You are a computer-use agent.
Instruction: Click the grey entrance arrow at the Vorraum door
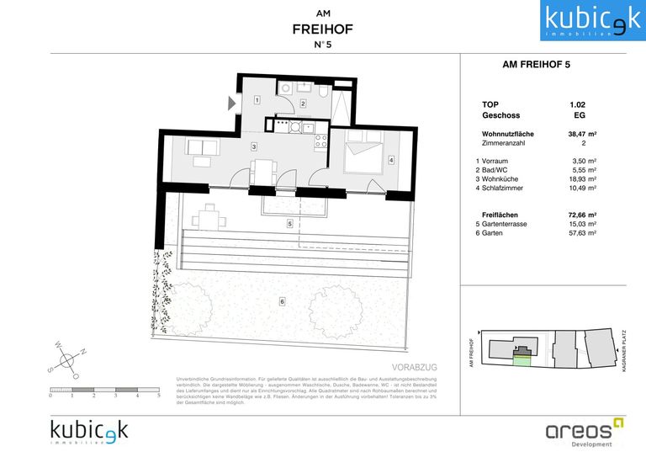pyautogui.click(x=231, y=104)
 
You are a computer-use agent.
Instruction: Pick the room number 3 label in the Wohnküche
pyautogui.click(x=252, y=146)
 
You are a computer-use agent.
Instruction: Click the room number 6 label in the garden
pyautogui.click(x=282, y=300)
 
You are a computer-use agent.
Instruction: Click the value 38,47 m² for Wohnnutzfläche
pyautogui.click(x=582, y=134)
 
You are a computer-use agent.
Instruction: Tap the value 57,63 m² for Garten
pyautogui.click(x=582, y=234)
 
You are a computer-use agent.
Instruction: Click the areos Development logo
pyautogui.click(x=583, y=432)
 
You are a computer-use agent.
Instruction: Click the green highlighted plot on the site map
pyautogui.click(x=523, y=361)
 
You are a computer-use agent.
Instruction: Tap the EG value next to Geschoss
pyautogui.click(x=579, y=115)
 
